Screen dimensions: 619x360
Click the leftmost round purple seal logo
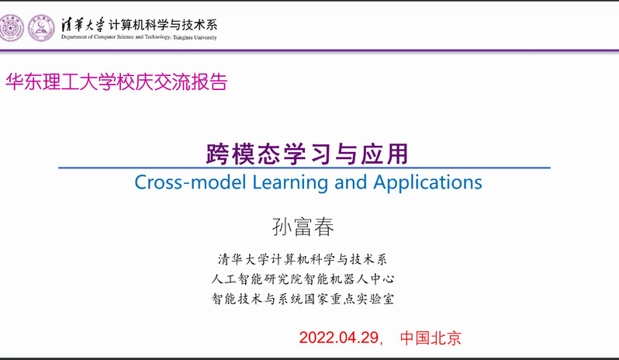(x=11, y=28)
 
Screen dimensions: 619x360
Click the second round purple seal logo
(x=41, y=28)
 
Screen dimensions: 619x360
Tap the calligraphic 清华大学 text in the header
(x=83, y=25)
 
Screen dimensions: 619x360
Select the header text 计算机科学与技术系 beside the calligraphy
(x=163, y=25)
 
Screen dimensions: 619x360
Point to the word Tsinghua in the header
(x=182, y=37)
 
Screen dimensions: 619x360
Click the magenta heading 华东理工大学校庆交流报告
(x=116, y=81)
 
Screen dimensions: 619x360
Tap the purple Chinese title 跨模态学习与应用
(x=307, y=154)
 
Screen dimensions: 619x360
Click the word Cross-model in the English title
(x=190, y=182)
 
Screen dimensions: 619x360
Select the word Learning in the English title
(x=290, y=183)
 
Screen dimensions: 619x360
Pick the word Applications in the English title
(x=427, y=183)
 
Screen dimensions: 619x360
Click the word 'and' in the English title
(x=351, y=182)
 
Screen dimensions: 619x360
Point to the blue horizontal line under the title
(x=304, y=168)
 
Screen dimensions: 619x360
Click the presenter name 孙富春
(x=303, y=227)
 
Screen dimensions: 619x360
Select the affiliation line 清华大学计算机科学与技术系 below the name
(x=303, y=259)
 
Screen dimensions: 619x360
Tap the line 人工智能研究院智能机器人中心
(x=303, y=279)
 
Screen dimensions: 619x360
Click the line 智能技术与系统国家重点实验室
(x=303, y=299)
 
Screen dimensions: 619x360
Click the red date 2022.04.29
(x=339, y=338)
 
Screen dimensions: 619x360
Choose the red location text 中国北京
(x=431, y=338)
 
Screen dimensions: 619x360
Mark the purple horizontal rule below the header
(x=309, y=50)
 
